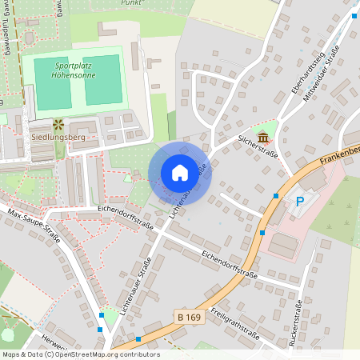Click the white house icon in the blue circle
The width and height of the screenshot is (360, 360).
tap(179, 173)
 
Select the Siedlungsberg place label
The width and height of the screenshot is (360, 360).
tap(58, 137)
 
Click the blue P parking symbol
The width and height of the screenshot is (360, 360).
tap(300, 202)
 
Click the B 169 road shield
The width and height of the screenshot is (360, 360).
tap(188, 318)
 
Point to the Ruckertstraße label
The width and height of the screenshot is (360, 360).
tap(298, 324)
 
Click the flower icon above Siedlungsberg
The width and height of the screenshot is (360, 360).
tap(58, 124)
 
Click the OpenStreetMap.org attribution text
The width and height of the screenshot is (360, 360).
tap(111, 354)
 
